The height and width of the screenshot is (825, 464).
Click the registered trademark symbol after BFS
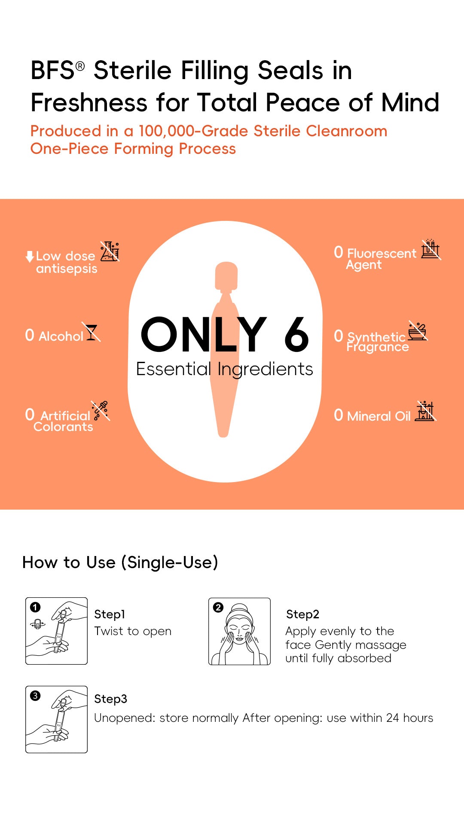click(80, 66)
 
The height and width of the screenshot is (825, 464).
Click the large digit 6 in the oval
click(296, 334)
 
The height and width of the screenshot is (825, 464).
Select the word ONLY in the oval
click(204, 334)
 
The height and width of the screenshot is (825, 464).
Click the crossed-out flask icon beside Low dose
click(110, 251)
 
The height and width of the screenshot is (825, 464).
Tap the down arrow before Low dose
click(30, 257)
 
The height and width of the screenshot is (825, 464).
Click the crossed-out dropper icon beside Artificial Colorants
click(101, 411)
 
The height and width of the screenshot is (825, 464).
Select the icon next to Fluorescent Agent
click(431, 249)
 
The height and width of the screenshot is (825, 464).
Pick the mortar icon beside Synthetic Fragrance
click(418, 331)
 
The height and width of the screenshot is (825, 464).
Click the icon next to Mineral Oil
click(426, 411)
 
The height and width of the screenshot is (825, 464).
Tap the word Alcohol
click(61, 336)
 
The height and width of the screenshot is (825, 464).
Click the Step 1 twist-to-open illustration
click(56, 631)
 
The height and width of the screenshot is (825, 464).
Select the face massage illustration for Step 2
click(239, 631)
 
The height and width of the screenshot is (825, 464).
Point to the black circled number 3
click(35, 696)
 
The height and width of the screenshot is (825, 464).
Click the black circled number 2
click(218, 607)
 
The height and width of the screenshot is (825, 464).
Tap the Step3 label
click(110, 699)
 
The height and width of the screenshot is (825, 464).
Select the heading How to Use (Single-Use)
click(120, 562)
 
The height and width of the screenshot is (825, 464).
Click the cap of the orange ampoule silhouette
click(226, 276)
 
